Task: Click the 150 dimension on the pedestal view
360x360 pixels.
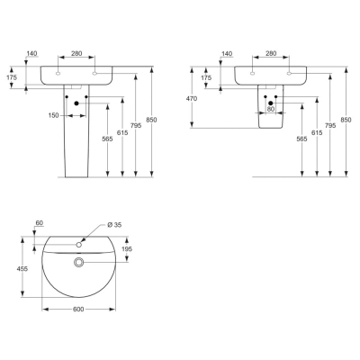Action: (54, 115)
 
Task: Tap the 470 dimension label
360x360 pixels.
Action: (191, 98)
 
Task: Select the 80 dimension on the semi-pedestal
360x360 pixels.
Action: (271, 109)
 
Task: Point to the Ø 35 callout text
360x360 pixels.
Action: (114, 225)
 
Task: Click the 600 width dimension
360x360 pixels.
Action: (78, 309)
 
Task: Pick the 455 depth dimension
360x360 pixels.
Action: (22, 269)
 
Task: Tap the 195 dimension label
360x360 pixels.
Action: (127, 249)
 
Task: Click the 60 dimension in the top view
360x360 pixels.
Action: (40, 223)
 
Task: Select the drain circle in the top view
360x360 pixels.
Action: (79, 262)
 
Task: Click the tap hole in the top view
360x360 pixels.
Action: (79, 245)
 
